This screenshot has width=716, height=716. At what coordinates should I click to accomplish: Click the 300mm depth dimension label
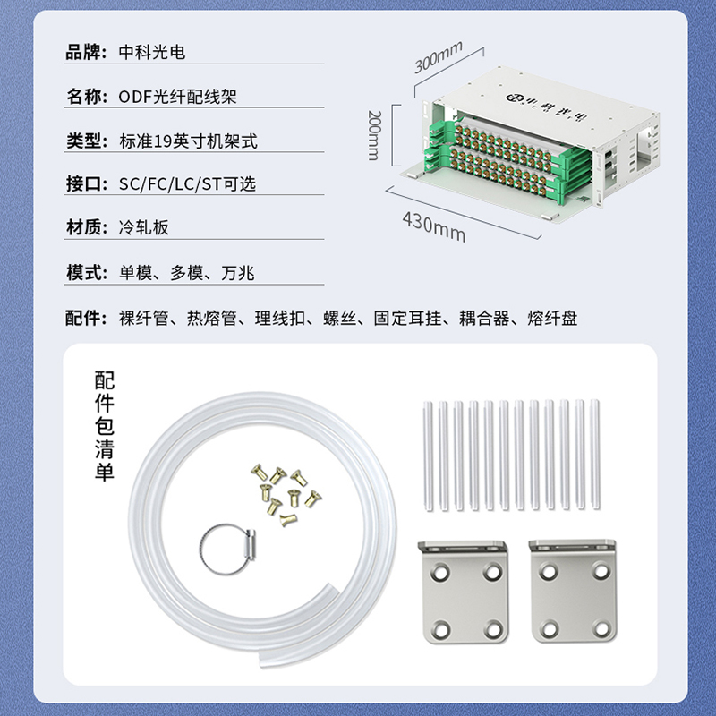click(x=439, y=57)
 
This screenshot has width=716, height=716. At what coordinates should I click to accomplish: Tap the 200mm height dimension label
click(x=374, y=135)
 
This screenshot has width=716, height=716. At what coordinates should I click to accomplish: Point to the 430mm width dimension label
click(x=434, y=226)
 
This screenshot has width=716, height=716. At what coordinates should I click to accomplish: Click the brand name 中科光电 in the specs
click(x=152, y=52)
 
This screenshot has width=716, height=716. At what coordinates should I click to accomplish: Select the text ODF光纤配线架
click(x=177, y=97)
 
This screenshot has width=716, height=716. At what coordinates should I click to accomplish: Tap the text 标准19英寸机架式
click(x=188, y=141)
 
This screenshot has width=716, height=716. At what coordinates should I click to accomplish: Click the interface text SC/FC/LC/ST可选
click(x=187, y=184)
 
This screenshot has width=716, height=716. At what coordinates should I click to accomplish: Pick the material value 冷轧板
click(x=144, y=227)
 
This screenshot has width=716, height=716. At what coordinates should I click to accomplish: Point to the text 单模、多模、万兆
click(x=187, y=273)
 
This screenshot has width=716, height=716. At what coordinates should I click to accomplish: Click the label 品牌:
click(x=86, y=52)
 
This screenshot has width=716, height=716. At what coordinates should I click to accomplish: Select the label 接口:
click(x=86, y=184)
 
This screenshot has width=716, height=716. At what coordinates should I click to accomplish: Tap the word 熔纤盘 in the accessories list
click(x=552, y=318)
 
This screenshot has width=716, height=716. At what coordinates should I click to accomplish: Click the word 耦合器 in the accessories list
click(x=484, y=318)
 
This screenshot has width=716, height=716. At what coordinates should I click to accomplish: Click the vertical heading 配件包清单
click(x=105, y=426)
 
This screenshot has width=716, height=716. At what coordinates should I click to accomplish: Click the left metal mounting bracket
click(x=463, y=592)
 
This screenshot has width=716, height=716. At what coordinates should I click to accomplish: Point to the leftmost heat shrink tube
click(x=428, y=456)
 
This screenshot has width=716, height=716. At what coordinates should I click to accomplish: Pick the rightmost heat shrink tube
click(x=594, y=454)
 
